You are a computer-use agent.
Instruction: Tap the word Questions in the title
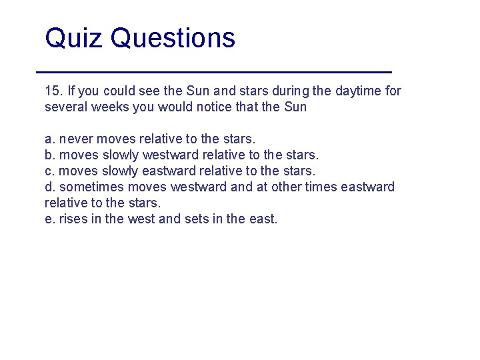click(x=173, y=38)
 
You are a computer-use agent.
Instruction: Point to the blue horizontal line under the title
click(x=213, y=71)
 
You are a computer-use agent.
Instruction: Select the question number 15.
click(x=52, y=91)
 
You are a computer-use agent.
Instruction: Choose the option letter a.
click(x=49, y=139)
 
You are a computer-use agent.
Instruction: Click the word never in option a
click(x=77, y=139)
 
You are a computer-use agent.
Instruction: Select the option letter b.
click(x=49, y=155)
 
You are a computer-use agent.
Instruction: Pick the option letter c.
click(x=49, y=171)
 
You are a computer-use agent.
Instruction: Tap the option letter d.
click(x=49, y=187)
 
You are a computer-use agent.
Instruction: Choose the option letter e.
click(x=49, y=219)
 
